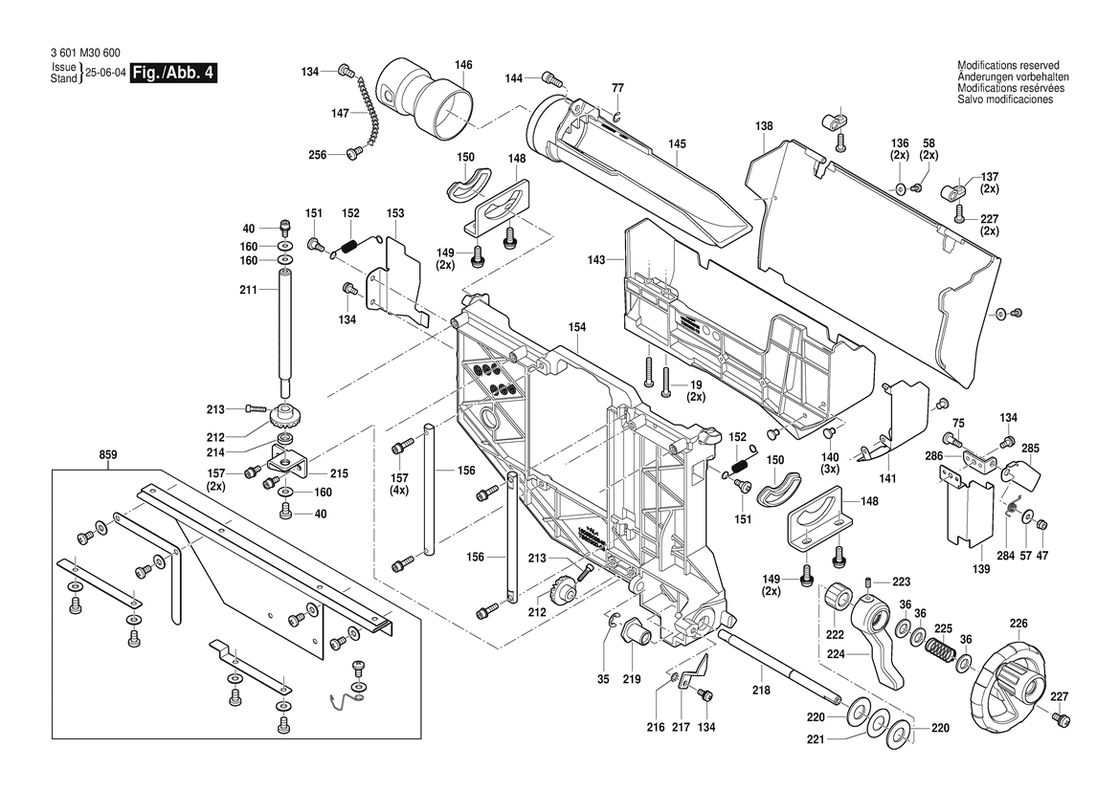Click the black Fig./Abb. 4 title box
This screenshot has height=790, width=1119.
click(x=173, y=74)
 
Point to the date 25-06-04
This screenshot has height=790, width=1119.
click(x=105, y=74)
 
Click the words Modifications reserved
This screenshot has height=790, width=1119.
click(x=1008, y=65)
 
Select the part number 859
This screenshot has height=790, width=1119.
click(x=108, y=455)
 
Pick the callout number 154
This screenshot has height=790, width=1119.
click(x=576, y=327)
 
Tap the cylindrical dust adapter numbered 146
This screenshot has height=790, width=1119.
click(x=430, y=95)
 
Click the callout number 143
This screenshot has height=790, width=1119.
click(x=596, y=260)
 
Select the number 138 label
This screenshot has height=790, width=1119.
click(x=763, y=125)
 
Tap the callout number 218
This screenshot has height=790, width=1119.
click(x=759, y=690)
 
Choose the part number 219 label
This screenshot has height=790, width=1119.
click(x=631, y=680)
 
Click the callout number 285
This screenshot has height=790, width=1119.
click(x=1030, y=448)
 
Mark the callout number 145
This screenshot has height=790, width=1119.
click(x=677, y=144)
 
